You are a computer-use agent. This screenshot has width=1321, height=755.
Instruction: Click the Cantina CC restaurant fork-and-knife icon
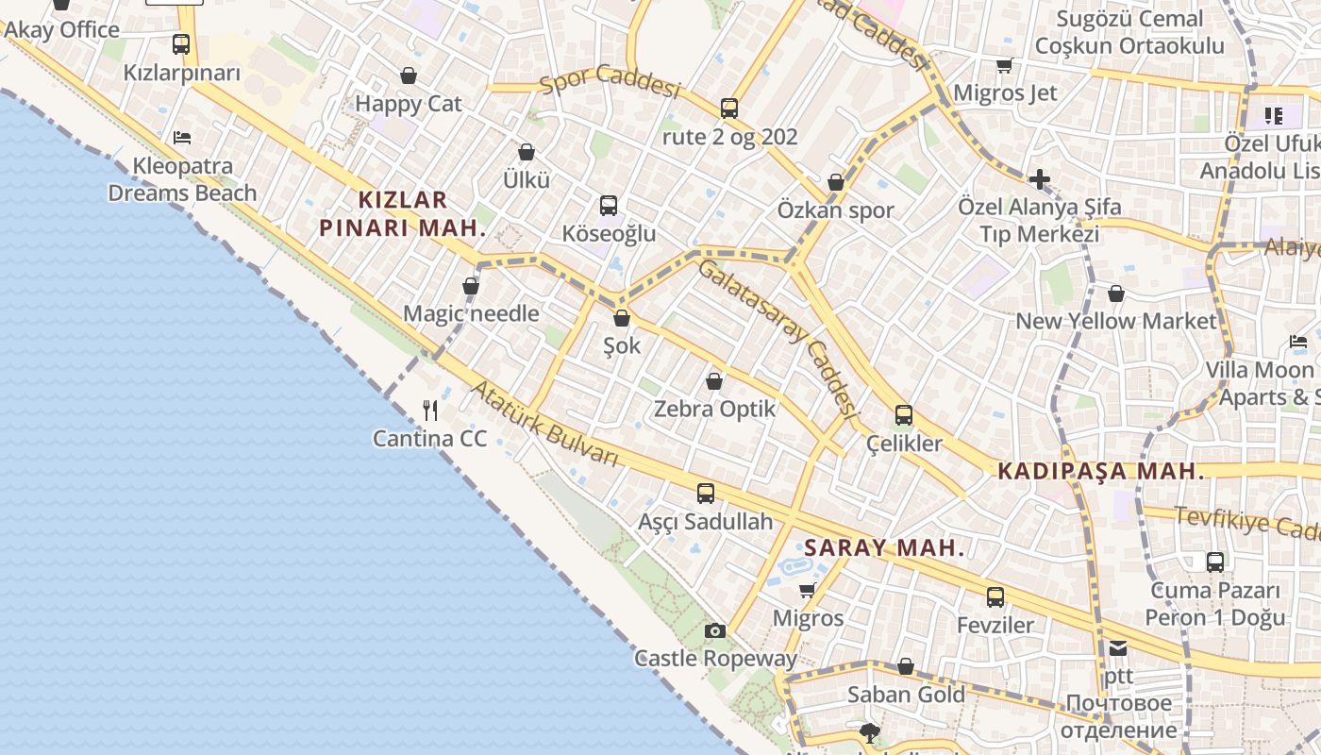pos(430,410)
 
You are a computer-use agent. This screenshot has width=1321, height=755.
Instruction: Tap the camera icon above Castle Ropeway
pos(715,630)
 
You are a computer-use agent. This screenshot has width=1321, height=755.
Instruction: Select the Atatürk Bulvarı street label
pos(545,424)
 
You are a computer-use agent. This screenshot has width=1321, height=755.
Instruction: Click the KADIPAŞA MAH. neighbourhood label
pos(1101,471)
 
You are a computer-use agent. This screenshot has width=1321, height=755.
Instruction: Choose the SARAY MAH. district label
pos(884,547)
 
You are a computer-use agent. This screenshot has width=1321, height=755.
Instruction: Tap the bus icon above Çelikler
pos(904,414)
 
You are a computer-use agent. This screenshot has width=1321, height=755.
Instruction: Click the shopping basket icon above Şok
pos(621,318)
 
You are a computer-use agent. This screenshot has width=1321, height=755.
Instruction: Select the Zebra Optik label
pos(714,409)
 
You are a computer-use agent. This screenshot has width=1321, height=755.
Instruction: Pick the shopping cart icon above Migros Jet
pos(1004,65)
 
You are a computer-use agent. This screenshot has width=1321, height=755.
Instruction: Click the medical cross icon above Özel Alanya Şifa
pos(1039,178)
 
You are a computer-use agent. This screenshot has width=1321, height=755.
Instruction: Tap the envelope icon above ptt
pos(1118,647)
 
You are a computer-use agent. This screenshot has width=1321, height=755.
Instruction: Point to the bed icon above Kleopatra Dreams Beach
pos(182,138)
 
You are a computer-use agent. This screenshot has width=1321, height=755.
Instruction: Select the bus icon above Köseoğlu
pos(609,205)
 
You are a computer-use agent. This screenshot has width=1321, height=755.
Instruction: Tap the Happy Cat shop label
pos(409,103)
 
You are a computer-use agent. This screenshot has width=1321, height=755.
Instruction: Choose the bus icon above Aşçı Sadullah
pos(705,493)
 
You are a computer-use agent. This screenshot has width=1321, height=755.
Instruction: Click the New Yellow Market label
pos(1116,321)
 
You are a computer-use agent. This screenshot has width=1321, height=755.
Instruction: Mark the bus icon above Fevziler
pos(995,596)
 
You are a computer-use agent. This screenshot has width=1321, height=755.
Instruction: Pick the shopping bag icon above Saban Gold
pos(906,666)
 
